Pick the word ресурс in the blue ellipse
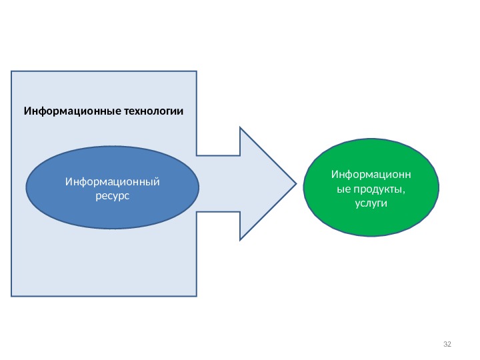[x=112, y=195]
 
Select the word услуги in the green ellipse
[x=371, y=203]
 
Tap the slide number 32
[x=447, y=344]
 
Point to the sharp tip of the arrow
[x=296, y=183]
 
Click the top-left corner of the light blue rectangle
[x=11, y=71]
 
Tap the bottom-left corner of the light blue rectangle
[x=11, y=295]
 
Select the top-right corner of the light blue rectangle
[x=197, y=71]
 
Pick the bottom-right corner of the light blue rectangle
[x=197, y=295]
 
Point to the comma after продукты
[x=404, y=191]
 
